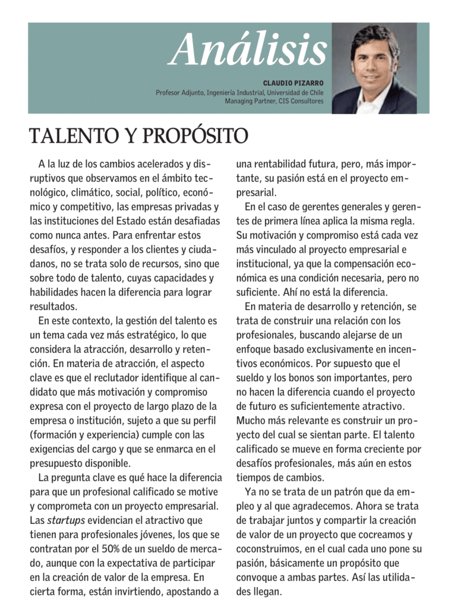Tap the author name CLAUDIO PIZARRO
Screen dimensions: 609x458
coord(293,83)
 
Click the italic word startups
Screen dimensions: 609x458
coord(66,520)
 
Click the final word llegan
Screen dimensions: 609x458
coord(267,591)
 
